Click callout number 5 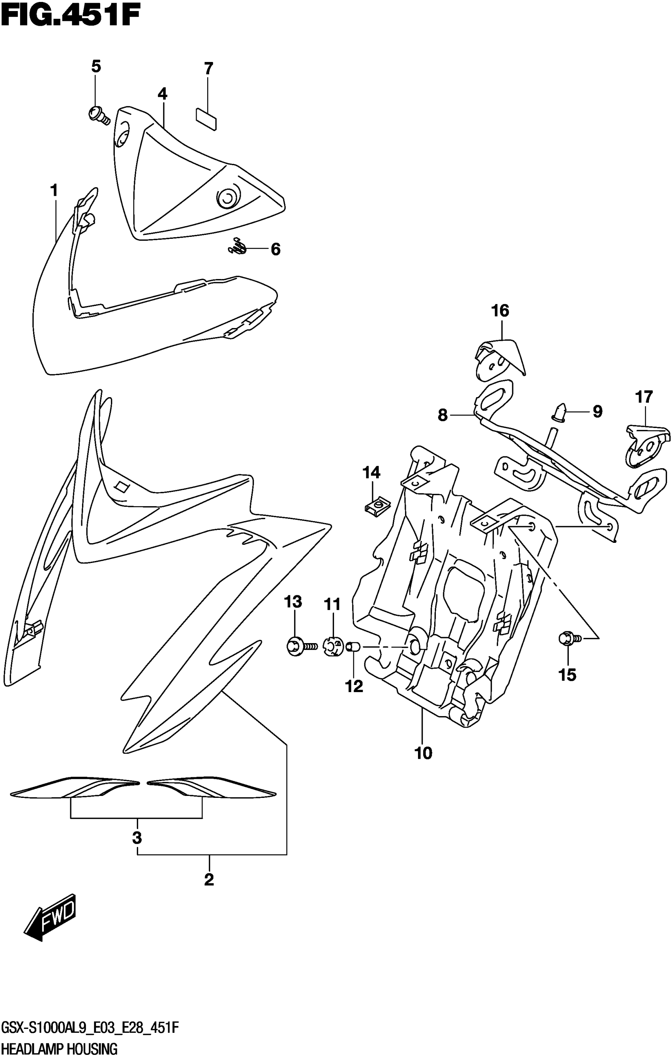pos(96,67)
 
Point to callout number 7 pos(208,68)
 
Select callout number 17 pos(643,397)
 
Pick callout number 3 pos(137,837)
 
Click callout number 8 pos(442,415)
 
